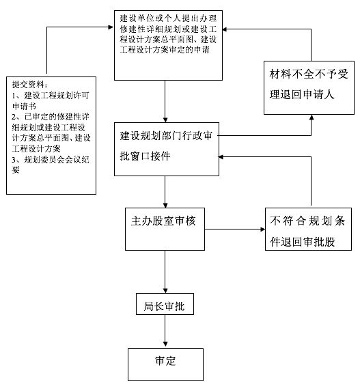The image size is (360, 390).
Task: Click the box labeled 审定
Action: [165, 362]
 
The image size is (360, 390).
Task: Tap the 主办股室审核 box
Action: [166, 223]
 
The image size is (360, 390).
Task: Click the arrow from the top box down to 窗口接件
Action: [166, 99]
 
